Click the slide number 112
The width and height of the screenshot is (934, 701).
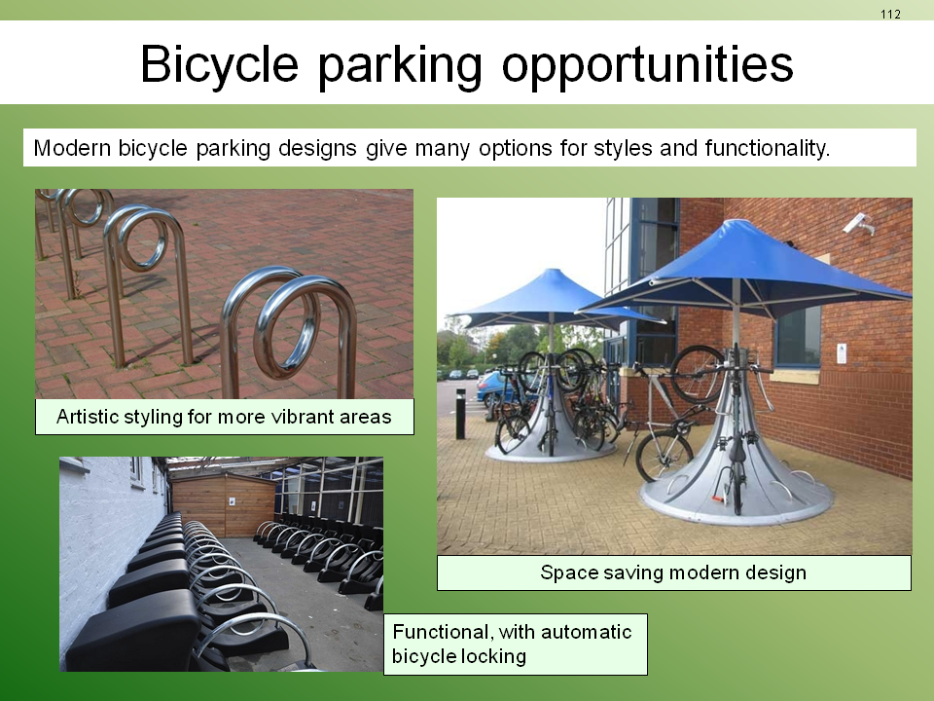coord(890,15)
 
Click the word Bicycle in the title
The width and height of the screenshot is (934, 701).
coord(219,65)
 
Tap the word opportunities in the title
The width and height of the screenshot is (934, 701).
coord(648,65)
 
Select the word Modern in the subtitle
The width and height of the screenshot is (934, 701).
coord(72,148)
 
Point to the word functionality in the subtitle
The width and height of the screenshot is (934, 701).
coord(768,148)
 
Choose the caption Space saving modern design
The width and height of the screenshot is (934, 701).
coord(673,572)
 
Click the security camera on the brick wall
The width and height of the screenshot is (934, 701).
coord(858,224)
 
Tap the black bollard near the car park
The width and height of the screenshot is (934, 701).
coord(460,414)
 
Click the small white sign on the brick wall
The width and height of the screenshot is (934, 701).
coord(841,353)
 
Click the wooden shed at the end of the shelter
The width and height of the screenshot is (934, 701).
coord(224,504)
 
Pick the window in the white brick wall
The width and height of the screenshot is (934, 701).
coord(136,469)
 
